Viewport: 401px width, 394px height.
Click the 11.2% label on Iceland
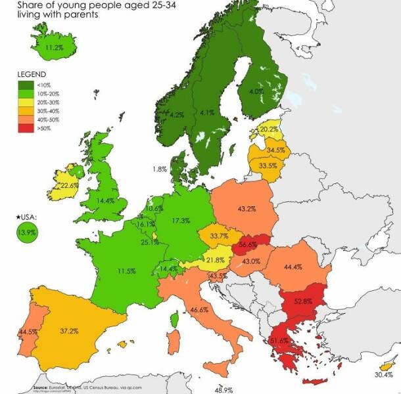click(x=55, y=48)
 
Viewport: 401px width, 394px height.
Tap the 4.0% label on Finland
click(x=256, y=92)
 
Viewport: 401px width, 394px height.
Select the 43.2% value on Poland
click(x=247, y=209)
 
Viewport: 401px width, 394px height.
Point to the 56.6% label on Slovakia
click(x=248, y=244)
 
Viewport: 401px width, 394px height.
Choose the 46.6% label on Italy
click(x=199, y=309)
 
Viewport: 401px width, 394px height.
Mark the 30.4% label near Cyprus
click(x=383, y=374)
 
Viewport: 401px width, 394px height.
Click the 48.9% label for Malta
click(x=224, y=389)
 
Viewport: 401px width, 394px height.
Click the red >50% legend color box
click(x=26, y=128)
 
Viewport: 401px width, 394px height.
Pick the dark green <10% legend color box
click(x=26, y=85)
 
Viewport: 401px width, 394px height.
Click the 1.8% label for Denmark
click(x=159, y=169)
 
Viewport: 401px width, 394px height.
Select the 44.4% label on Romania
click(x=293, y=267)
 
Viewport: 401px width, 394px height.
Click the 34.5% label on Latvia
click(x=276, y=150)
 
